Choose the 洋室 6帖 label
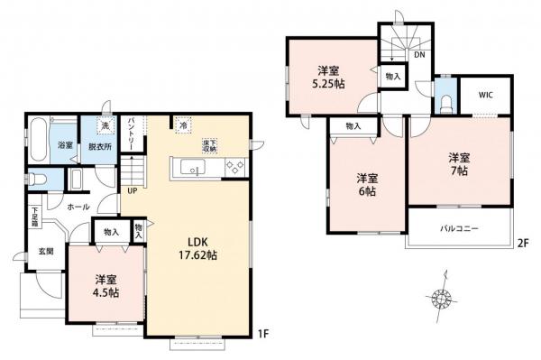coord(364,184)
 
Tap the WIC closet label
coord(486,94)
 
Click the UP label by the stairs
coord(133,190)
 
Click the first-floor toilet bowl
coord(36,178)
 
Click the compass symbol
coord(442,297)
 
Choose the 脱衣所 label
coord(99,146)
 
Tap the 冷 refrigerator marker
coord(182,126)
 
